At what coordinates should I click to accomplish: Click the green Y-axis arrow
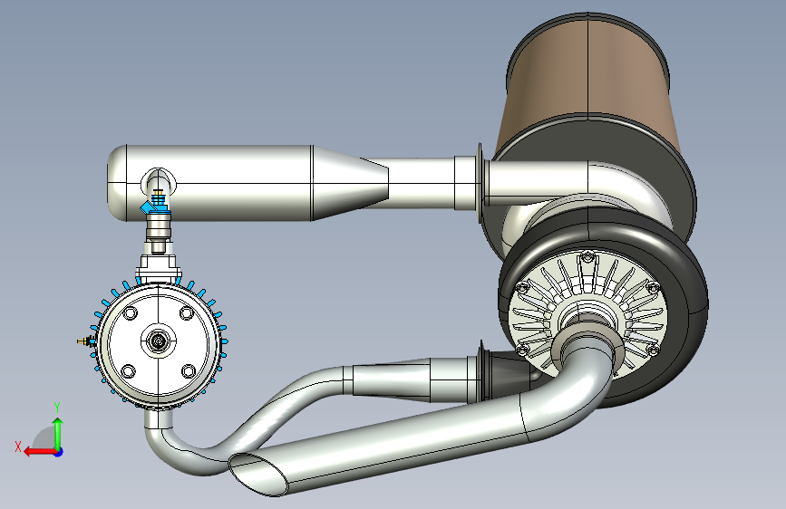[x=58, y=434]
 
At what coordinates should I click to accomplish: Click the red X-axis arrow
[x=40, y=452]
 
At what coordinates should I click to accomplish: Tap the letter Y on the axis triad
[x=57, y=408]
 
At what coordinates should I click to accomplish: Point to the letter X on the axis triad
[x=18, y=447]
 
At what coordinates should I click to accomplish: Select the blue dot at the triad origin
[x=59, y=452]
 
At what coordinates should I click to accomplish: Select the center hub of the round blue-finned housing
[x=159, y=341]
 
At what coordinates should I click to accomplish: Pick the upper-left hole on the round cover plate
[x=130, y=313]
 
